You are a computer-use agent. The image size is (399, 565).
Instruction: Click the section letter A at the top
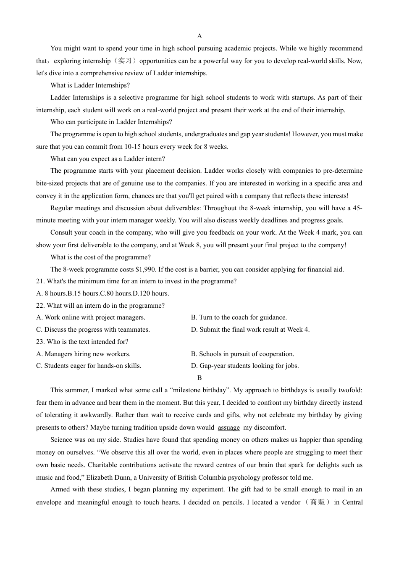click(199, 36)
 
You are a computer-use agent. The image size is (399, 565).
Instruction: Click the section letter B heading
click(199, 378)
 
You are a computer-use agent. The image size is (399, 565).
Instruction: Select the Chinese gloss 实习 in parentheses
click(125, 61)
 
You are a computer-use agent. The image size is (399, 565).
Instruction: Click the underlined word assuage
click(229, 428)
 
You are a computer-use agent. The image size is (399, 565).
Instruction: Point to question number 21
click(40, 281)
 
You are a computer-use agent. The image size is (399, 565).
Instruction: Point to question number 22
click(40, 306)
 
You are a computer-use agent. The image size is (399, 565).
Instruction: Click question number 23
click(40, 342)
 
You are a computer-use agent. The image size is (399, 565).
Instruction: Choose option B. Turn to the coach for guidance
click(239, 317)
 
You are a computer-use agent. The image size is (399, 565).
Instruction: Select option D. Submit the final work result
click(250, 330)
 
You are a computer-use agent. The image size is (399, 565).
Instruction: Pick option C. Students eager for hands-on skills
click(89, 366)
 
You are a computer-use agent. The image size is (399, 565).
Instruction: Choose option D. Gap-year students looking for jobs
click(244, 366)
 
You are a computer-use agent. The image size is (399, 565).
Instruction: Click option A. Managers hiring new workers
click(83, 354)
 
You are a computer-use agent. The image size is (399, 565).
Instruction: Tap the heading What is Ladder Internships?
click(90, 85)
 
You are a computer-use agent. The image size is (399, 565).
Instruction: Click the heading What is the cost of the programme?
click(100, 257)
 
